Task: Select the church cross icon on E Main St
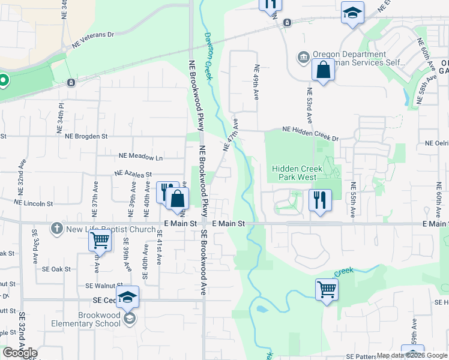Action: (57, 228)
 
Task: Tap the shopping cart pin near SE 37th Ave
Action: (100, 241)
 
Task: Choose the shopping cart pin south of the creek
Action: (327, 290)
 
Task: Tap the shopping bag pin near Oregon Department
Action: (323, 70)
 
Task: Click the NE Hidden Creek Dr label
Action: (310, 133)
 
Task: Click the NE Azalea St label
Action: (135, 173)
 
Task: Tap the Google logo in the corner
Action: (20, 353)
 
